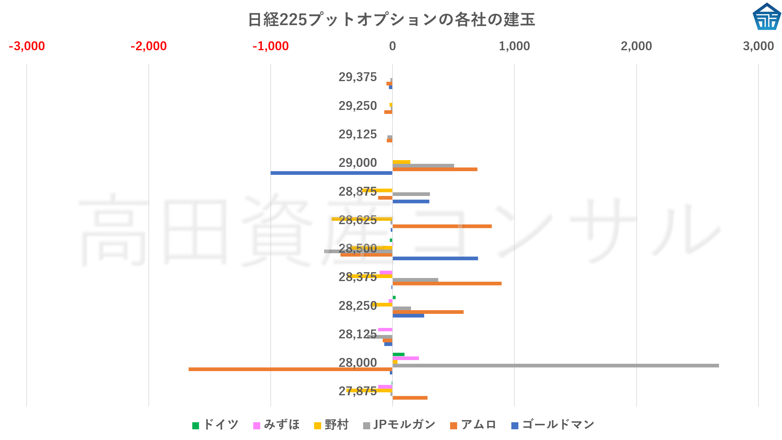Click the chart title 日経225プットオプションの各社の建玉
click(391, 20)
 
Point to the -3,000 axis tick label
click(27, 46)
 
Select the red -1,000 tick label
click(271, 46)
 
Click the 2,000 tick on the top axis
click(636, 46)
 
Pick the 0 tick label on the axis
click(392, 46)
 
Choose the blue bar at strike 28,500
click(435, 258)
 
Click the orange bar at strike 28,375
click(447, 284)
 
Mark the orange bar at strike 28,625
click(442, 226)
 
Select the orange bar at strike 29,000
click(435, 169)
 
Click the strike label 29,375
click(358, 77)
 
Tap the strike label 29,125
click(358, 134)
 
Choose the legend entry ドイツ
click(216, 425)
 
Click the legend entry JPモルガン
click(399, 425)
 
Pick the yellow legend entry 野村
click(331, 425)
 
